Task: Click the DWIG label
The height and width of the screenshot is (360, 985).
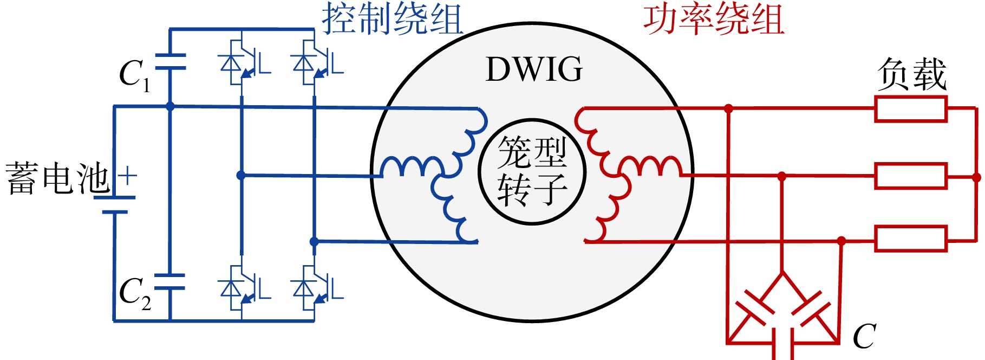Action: click(534, 70)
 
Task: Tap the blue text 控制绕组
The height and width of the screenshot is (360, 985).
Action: click(392, 18)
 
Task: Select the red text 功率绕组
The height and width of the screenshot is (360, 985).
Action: click(714, 18)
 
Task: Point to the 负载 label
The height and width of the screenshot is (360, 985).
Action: click(912, 74)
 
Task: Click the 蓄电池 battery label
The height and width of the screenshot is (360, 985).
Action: click(57, 178)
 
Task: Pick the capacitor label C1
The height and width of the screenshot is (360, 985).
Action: click(134, 75)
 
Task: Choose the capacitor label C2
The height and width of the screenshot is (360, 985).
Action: click(135, 294)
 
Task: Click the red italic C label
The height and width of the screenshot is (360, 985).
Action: click(864, 336)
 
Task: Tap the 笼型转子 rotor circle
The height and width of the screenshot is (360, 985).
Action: click(532, 120)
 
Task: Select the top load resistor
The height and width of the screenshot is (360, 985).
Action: click(911, 108)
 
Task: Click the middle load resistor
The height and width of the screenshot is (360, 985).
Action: click(911, 176)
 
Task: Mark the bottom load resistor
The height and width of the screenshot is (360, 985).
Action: click(911, 239)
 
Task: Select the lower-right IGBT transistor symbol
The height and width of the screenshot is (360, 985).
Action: click(315, 288)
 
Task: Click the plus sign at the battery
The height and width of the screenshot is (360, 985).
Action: click(127, 177)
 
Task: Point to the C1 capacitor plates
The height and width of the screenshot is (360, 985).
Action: click(170, 62)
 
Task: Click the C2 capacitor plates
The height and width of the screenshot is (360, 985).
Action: click(170, 282)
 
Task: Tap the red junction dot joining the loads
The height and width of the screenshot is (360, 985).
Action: click(976, 177)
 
